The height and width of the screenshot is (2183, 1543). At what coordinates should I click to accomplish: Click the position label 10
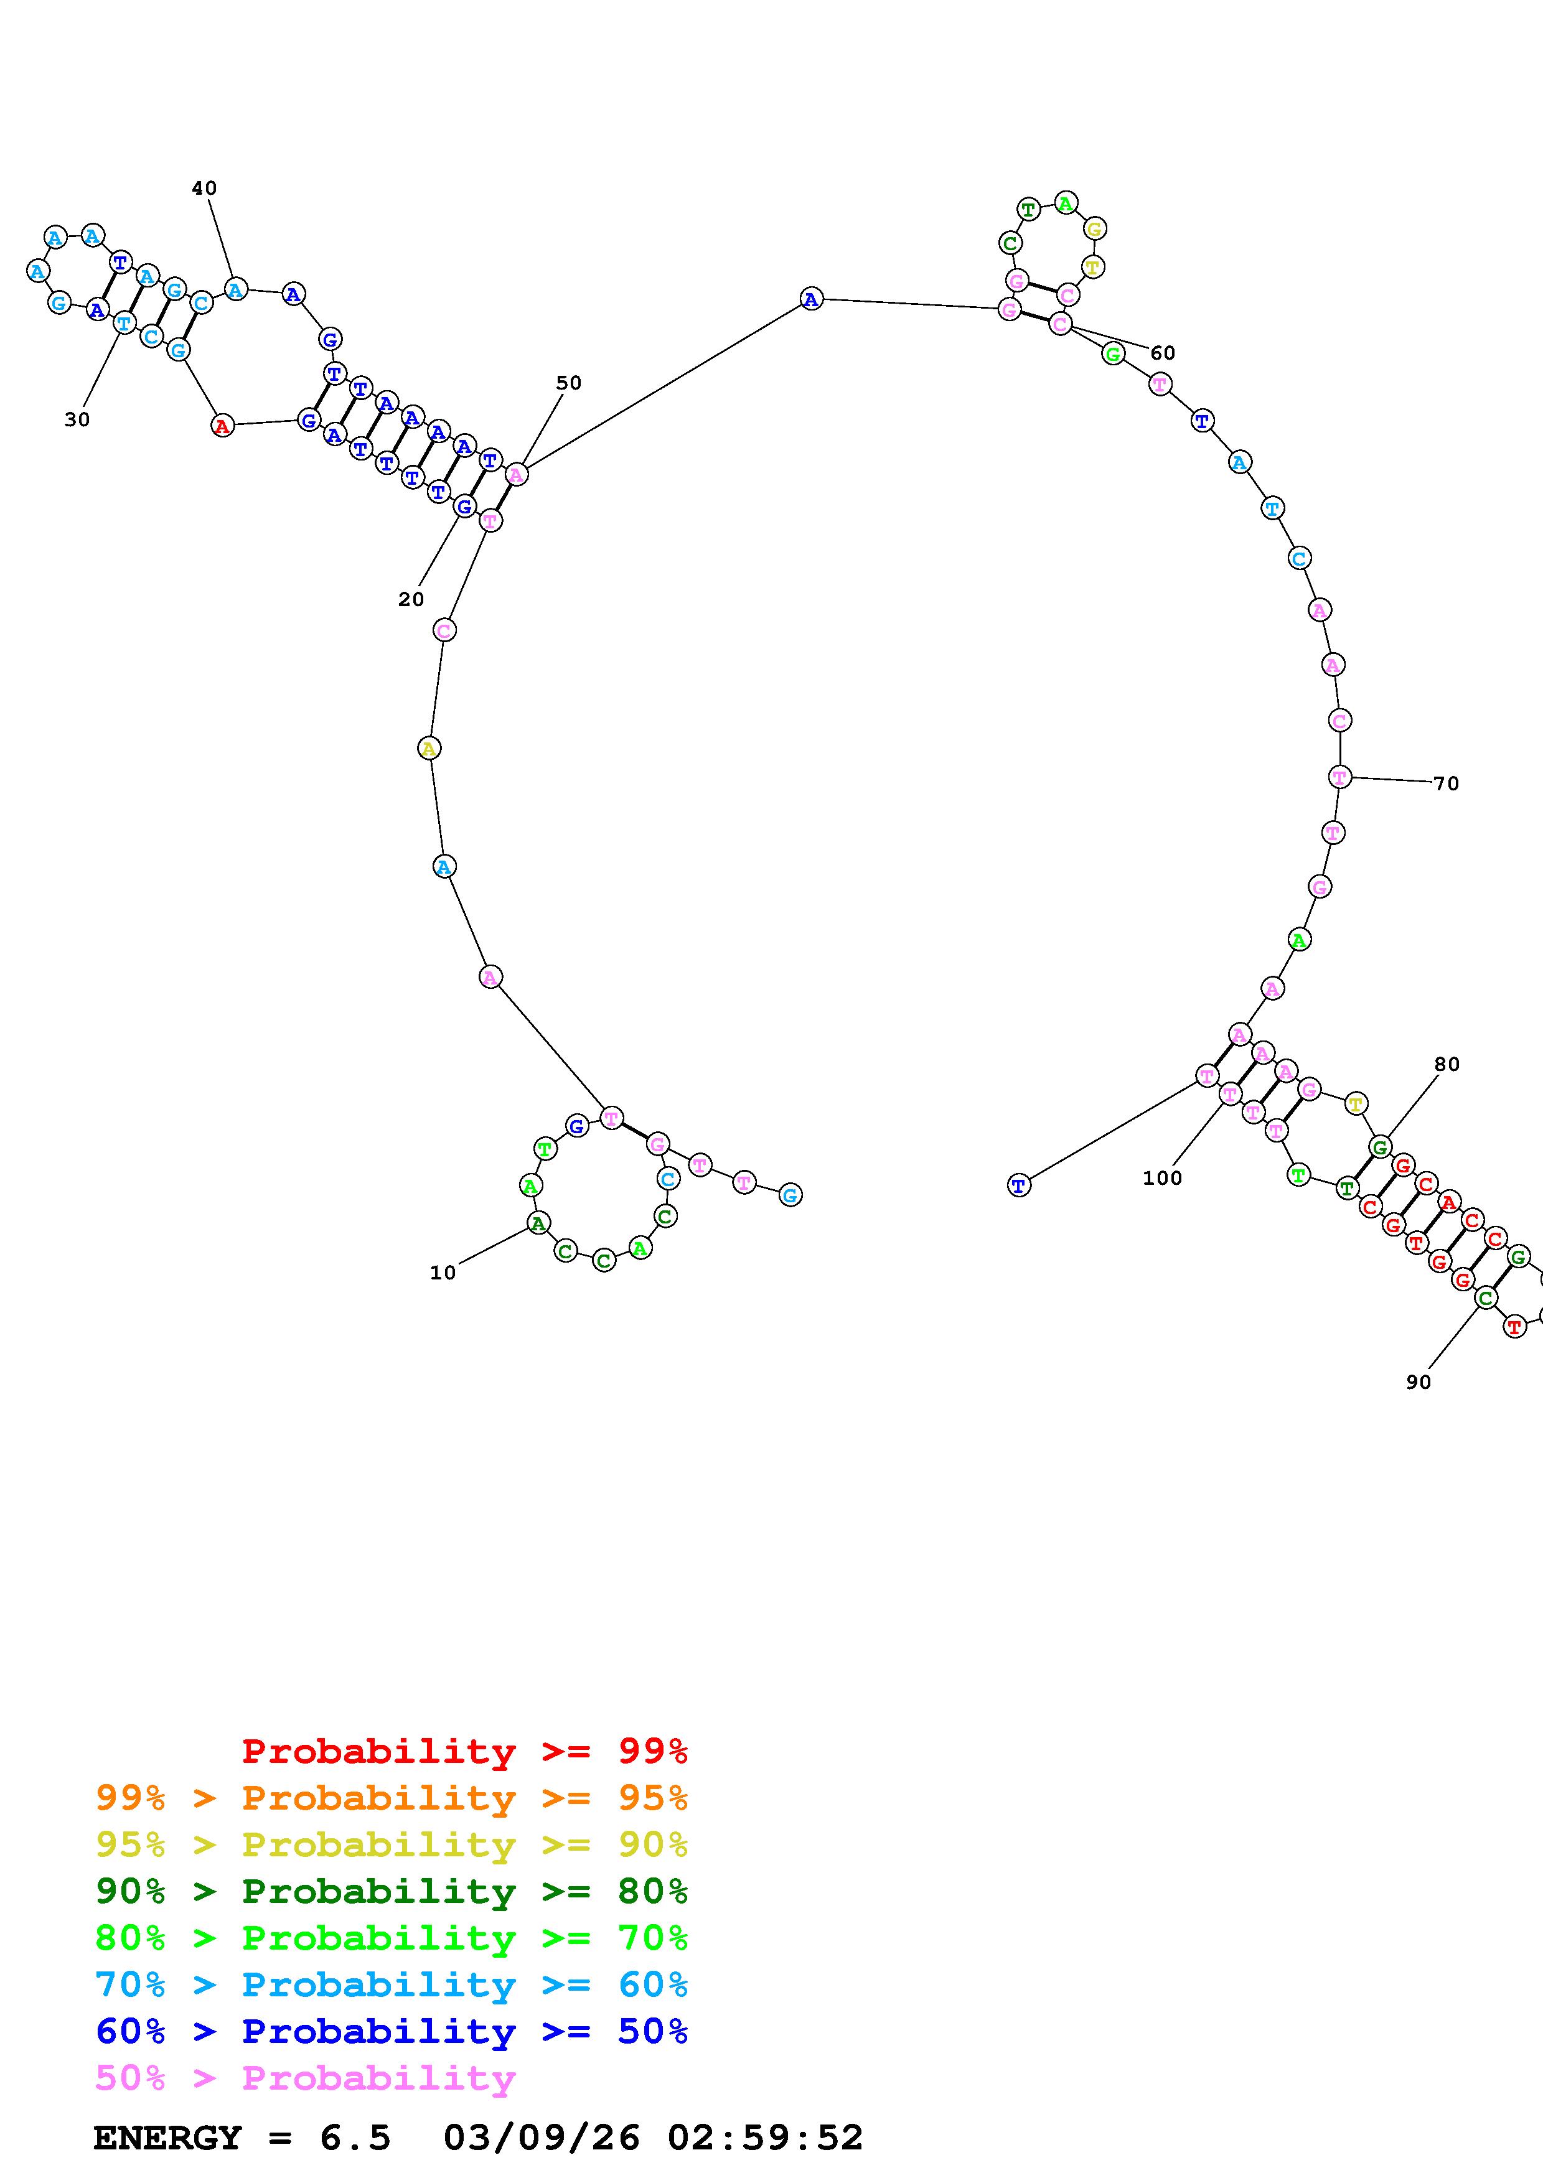443,1273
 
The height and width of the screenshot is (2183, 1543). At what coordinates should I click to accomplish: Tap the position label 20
411,600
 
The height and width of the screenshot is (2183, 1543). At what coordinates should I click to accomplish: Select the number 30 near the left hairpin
77,419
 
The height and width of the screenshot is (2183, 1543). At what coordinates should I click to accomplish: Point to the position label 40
204,189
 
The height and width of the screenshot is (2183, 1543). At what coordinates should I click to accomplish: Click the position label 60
1163,353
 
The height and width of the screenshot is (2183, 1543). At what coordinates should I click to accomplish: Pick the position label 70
1446,783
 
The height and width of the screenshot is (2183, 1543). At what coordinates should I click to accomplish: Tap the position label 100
1163,1178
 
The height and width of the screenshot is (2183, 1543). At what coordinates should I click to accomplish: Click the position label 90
1419,1383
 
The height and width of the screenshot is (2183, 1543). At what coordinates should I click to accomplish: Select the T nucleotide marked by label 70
1339,777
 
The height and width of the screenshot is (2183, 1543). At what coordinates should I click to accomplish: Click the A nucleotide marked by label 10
538,1223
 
